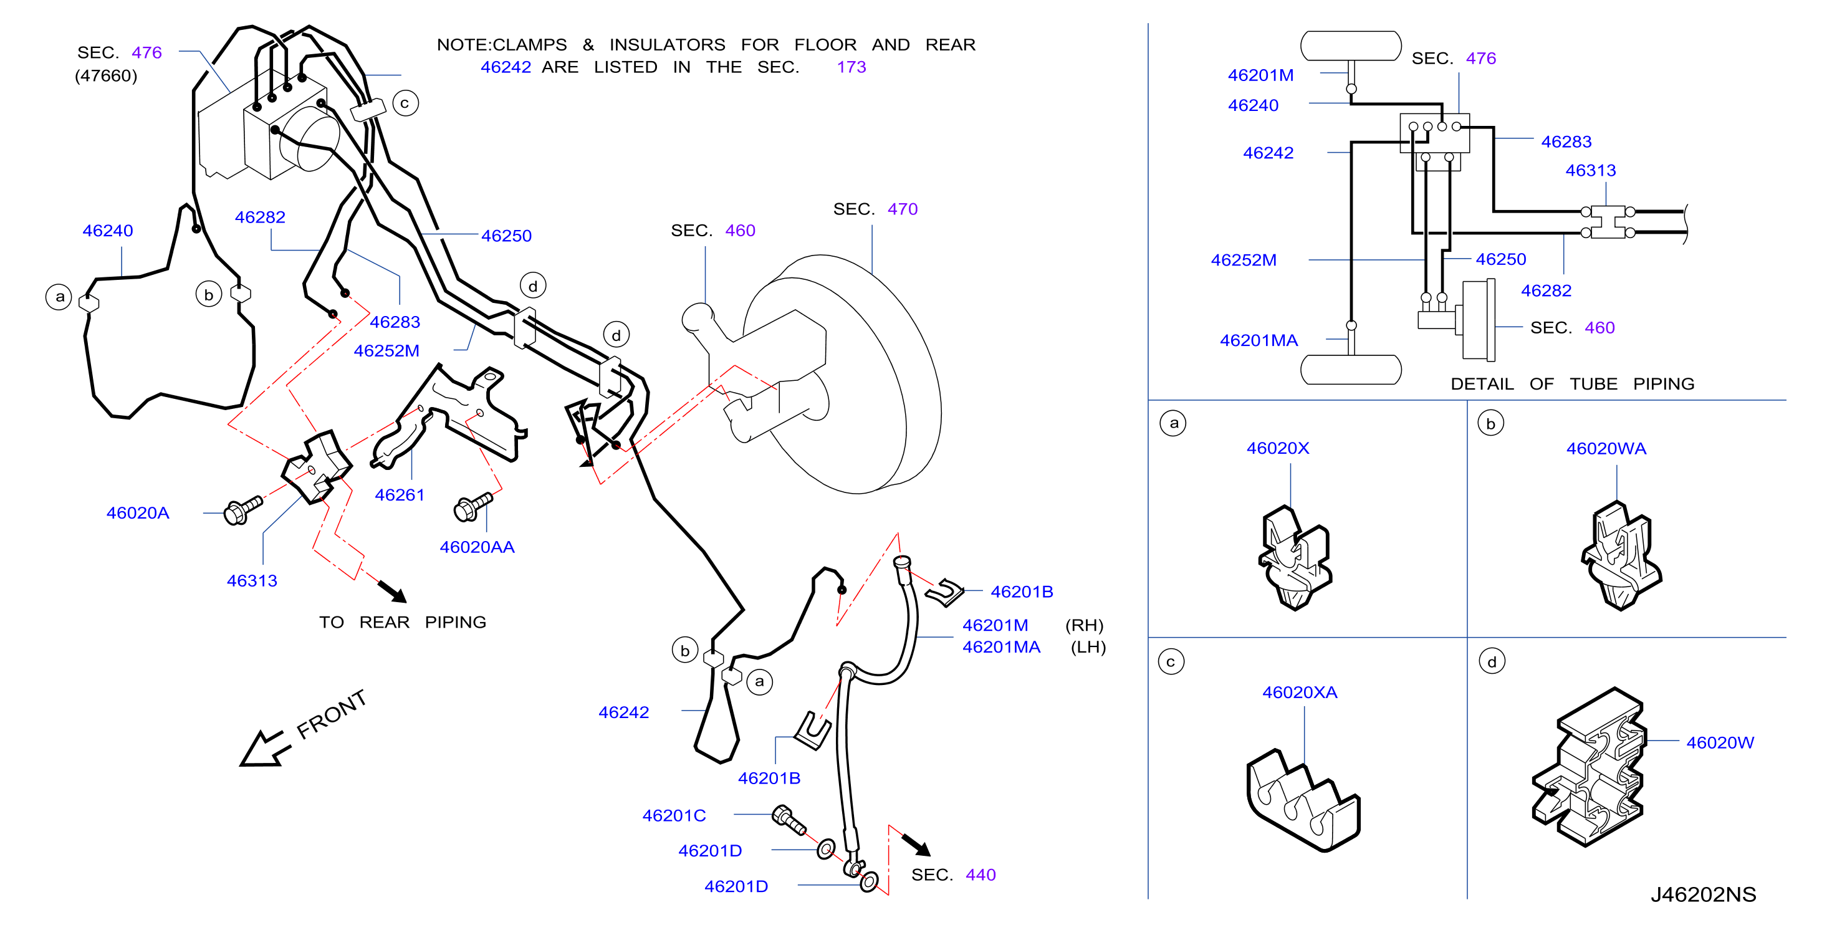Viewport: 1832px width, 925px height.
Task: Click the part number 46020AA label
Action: click(476, 547)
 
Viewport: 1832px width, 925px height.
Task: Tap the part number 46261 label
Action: click(399, 495)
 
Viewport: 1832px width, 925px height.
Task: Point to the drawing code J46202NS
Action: click(1702, 894)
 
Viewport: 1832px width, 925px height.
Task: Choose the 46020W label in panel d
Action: click(1720, 742)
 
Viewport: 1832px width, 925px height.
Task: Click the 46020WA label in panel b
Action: click(1606, 449)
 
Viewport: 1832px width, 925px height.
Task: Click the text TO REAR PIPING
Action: click(403, 622)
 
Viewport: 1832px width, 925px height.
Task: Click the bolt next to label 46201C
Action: click(789, 820)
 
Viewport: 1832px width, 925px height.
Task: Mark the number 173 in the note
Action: click(851, 67)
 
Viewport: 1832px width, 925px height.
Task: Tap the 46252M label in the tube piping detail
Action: click(1243, 260)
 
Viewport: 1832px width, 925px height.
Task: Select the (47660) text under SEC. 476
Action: click(106, 75)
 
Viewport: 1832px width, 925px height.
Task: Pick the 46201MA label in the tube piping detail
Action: click(1258, 340)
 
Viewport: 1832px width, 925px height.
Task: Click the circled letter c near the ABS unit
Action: click(405, 103)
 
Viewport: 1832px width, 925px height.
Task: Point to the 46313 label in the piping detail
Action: click(1590, 171)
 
